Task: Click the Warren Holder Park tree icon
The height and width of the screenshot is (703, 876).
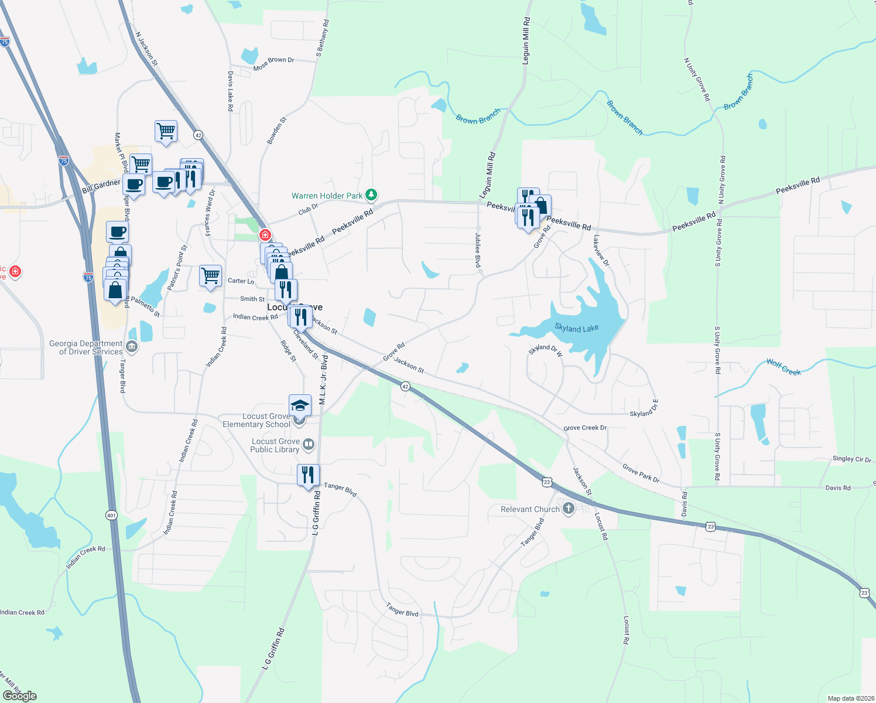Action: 371,194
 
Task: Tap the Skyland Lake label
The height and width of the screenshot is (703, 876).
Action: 576,329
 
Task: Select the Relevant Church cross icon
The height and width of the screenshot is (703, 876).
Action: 568,509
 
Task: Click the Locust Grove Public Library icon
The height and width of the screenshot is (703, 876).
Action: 309,445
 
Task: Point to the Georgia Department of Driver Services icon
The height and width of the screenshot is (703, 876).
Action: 132,347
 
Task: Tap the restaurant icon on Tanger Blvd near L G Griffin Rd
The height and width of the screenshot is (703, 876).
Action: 308,475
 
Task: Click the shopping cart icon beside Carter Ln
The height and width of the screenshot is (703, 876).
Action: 210,275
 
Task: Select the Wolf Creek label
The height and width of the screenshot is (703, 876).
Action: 783,367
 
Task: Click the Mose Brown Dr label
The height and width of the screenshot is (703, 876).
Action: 273,63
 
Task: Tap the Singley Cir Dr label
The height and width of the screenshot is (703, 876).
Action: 851,459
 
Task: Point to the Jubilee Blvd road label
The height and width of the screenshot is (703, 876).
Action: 478,250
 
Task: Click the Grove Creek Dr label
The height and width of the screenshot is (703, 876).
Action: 585,428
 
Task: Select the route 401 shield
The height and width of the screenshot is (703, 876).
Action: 111,516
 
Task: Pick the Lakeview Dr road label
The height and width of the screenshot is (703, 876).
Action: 601,251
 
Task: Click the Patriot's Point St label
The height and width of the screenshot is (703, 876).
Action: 177,268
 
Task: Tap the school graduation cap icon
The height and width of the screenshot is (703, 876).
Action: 300,405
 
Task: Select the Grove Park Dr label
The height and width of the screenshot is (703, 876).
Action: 641,473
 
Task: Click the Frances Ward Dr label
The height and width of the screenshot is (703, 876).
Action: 210,213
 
